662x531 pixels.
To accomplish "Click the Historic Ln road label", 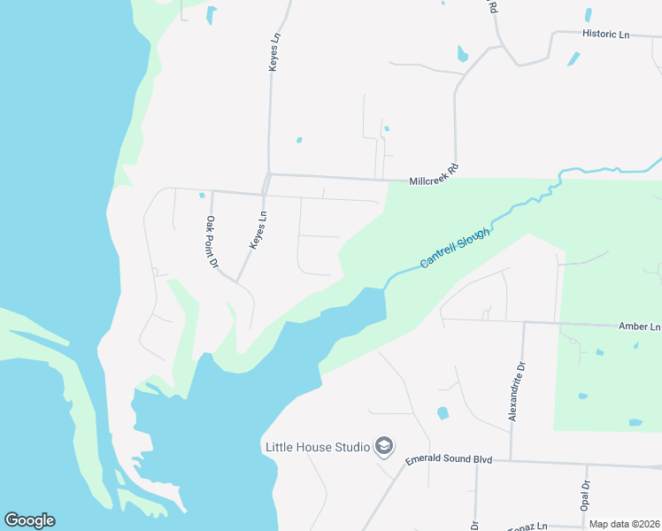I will pos(605,35).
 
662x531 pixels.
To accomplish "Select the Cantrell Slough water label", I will pos(455,247).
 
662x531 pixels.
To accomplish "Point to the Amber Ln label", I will pos(639,327).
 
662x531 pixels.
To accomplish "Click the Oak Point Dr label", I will pos(212,242).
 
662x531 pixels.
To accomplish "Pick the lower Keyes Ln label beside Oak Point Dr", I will pos(258,229).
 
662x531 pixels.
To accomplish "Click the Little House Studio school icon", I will pos(384,445).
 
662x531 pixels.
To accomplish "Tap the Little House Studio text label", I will pos(317,447).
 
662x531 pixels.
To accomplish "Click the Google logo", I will pos(29,520).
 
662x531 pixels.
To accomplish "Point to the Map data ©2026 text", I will pos(624,524).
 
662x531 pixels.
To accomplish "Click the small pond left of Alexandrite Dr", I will pos(443,413).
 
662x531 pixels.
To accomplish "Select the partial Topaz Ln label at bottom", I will pos(527,526).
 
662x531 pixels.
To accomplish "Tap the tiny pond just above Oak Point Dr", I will pos(202,195).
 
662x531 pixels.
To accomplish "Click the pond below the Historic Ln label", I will pos(573,59).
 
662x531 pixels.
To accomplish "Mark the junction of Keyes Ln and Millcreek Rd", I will pos(268,174).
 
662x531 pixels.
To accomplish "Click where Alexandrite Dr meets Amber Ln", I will pos(524,322).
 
